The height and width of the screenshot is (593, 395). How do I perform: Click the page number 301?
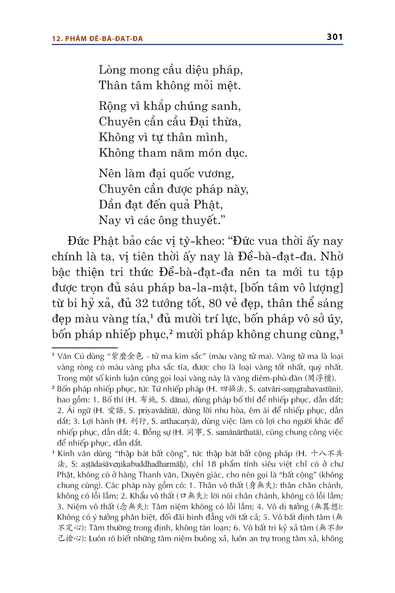[x=334, y=37]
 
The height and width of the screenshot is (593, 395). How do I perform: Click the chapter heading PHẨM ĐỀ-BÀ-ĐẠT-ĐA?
[x=104, y=39]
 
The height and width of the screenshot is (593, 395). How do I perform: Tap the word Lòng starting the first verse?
[x=112, y=70]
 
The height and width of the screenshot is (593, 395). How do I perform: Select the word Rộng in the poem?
[x=112, y=106]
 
